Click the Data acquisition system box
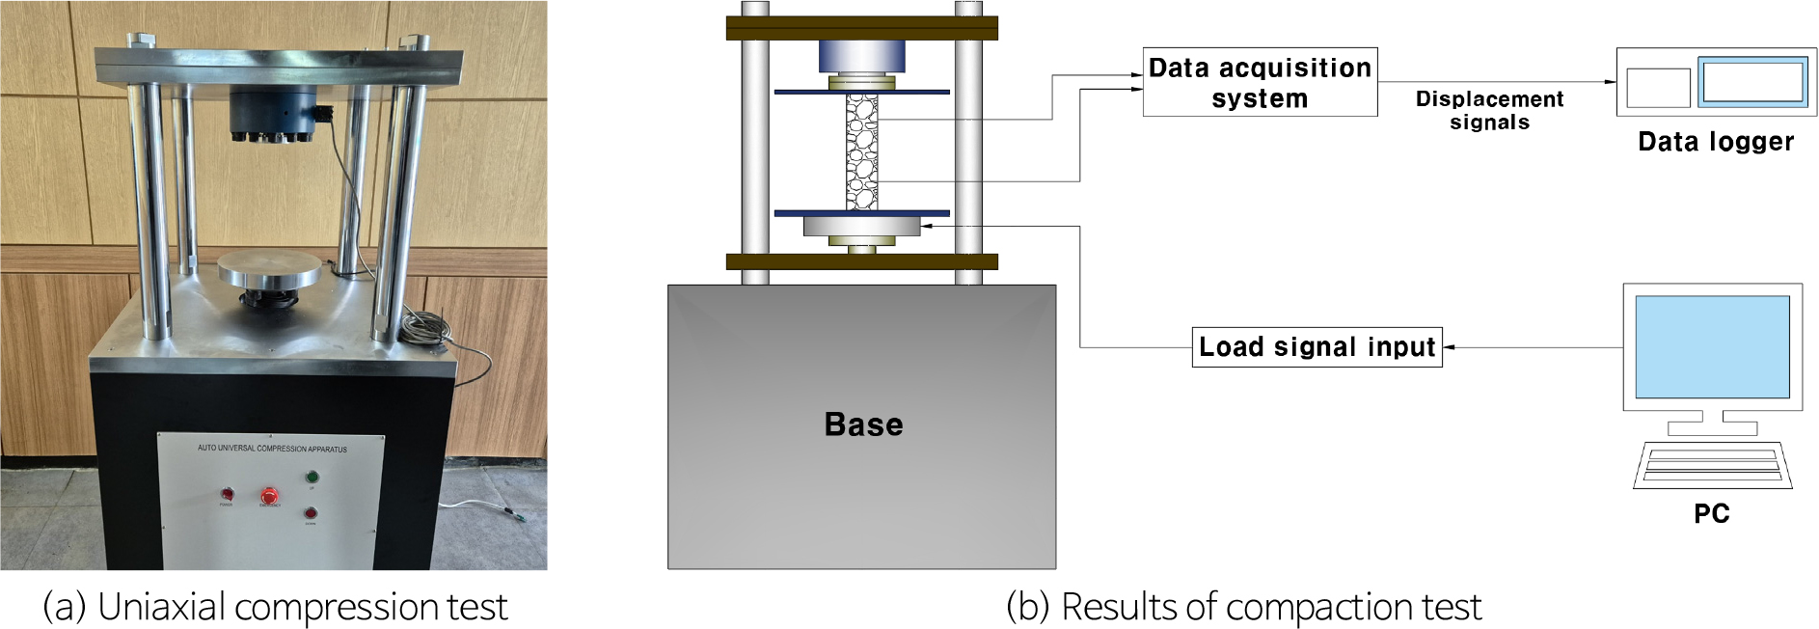click(x=1260, y=83)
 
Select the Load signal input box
click(x=1317, y=347)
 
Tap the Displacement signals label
click(x=1489, y=110)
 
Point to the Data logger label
click(x=1716, y=142)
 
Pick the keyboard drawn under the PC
click(x=1712, y=466)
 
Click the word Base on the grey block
click(x=863, y=424)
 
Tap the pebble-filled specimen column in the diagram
click(x=861, y=151)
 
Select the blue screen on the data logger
click(x=1753, y=81)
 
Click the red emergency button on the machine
click(x=269, y=496)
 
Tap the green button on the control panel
click(x=312, y=477)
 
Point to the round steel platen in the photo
click(x=269, y=268)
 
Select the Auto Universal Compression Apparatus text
click(x=272, y=449)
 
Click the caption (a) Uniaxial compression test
click(x=275, y=607)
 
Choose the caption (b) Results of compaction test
click(x=1243, y=607)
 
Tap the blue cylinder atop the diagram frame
click(x=861, y=56)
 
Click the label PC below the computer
click(x=1712, y=513)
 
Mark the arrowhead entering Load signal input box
click(x=1448, y=347)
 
